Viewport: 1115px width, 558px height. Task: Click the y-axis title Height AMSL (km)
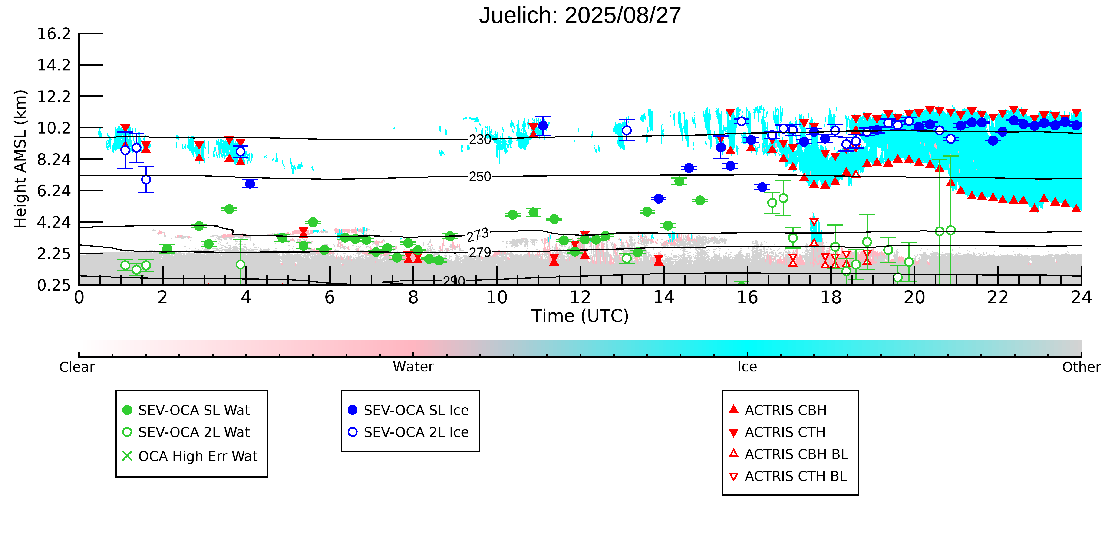20,159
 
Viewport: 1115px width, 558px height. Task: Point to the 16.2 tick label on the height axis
54,34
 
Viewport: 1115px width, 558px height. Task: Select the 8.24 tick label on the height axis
54,159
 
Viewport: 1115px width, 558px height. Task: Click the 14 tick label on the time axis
663,298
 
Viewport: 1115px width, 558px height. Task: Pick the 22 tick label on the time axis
998,298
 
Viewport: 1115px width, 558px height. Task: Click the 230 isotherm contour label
480,140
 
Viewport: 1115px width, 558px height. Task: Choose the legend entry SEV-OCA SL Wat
194,410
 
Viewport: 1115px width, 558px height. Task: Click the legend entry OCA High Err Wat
197,456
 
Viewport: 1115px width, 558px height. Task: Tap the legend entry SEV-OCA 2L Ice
416,432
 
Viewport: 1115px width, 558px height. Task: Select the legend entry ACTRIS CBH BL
795,454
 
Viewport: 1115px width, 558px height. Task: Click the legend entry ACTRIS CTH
784,432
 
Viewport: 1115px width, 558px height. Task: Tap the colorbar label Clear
77,367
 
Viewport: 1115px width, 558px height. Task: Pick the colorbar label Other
1081,367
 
